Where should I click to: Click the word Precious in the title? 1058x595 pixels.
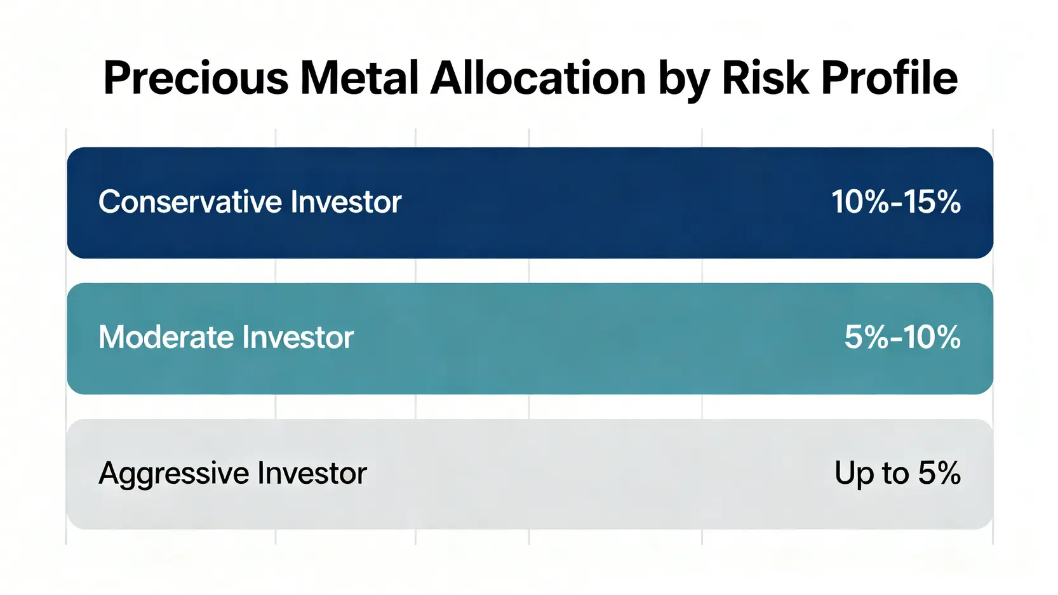click(x=196, y=78)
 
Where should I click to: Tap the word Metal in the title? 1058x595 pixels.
click(x=359, y=77)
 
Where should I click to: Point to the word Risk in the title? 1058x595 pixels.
click(x=765, y=77)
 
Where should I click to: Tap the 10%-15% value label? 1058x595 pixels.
click(x=896, y=202)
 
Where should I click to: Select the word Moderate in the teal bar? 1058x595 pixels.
click(x=165, y=337)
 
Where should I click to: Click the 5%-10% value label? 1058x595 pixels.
click(x=902, y=337)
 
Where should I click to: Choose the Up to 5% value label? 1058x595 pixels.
click(x=897, y=474)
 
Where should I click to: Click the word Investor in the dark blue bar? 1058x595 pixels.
click(x=345, y=202)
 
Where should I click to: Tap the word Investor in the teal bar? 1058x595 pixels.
click(x=298, y=337)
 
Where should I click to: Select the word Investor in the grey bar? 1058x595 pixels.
click(x=312, y=472)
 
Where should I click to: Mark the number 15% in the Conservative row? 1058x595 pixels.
click(x=930, y=202)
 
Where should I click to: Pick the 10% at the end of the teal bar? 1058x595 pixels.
click(x=928, y=337)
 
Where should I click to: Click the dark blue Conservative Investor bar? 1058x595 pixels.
click(x=530, y=203)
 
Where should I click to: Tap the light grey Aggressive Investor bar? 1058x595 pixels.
click(x=530, y=474)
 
